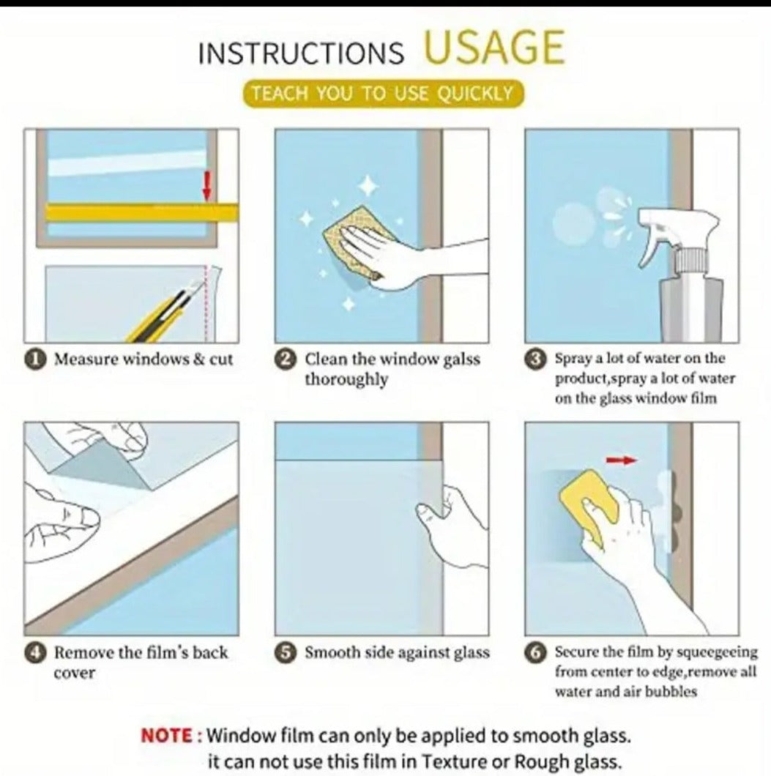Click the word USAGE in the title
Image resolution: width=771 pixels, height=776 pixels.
click(x=494, y=47)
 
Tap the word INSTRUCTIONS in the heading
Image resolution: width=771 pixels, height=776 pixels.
click(x=302, y=53)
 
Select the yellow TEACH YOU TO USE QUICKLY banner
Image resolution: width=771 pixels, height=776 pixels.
click(x=383, y=94)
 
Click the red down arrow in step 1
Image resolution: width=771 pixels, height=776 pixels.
click(x=207, y=186)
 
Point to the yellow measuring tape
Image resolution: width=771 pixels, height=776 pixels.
click(x=142, y=213)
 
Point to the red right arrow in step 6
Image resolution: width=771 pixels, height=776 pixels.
click(x=621, y=460)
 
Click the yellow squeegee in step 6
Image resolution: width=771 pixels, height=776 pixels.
click(x=589, y=504)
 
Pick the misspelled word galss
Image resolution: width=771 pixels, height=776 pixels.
click(x=461, y=359)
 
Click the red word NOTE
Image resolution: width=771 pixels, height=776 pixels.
click(x=167, y=736)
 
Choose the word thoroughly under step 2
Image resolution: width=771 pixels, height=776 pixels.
click(x=346, y=380)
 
